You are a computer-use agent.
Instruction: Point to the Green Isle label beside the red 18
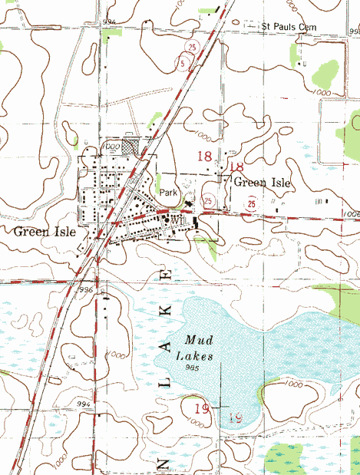pos(262,183)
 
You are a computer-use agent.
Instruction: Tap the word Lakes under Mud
pos(192,355)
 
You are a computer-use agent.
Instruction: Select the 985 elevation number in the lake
pos(182,368)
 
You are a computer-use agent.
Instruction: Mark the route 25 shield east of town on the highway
pos(251,204)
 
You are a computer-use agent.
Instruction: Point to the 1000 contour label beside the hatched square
pos(114,144)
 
